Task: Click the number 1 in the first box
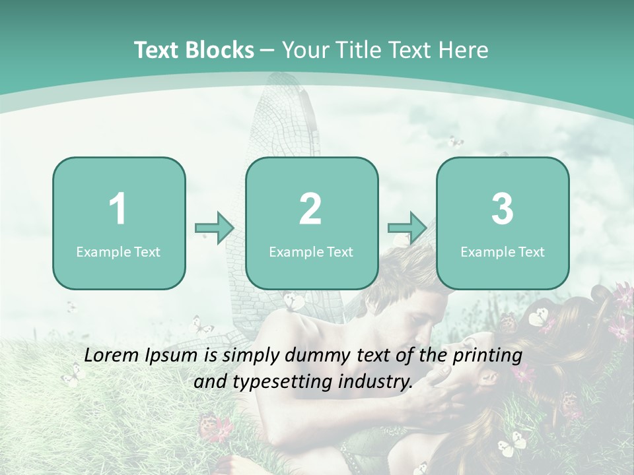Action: point(118,209)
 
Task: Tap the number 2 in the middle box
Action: point(310,209)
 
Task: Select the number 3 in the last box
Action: point(503,209)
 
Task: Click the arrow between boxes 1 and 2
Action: point(215,229)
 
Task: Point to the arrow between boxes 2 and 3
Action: point(407,229)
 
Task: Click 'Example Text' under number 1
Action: point(118,251)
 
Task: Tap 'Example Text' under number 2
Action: point(311,251)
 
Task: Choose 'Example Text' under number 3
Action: point(503,251)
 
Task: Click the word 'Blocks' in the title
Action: point(219,50)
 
